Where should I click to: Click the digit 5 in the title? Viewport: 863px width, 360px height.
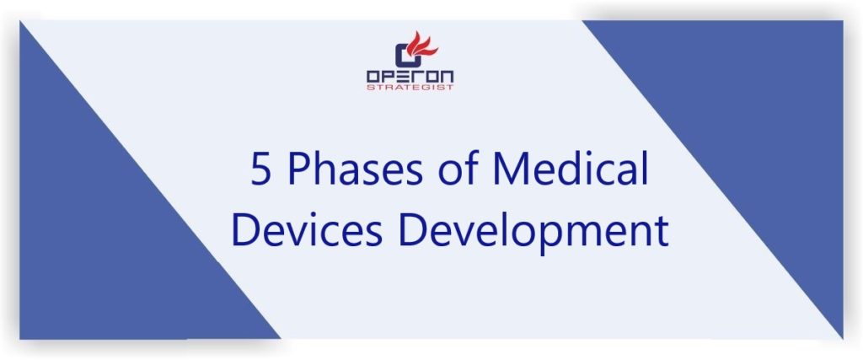coord(262,169)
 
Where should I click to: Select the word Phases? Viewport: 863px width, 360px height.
coord(356,169)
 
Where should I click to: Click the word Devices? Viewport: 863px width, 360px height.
coord(307,230)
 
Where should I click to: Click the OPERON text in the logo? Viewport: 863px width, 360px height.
coord(410,77)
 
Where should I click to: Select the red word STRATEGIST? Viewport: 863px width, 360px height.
coord(410,87)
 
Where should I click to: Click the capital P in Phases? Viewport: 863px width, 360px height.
coord(297,169)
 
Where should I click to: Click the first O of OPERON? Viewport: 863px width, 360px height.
coord(373,77)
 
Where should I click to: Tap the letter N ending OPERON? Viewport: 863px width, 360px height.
coord(448,77)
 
